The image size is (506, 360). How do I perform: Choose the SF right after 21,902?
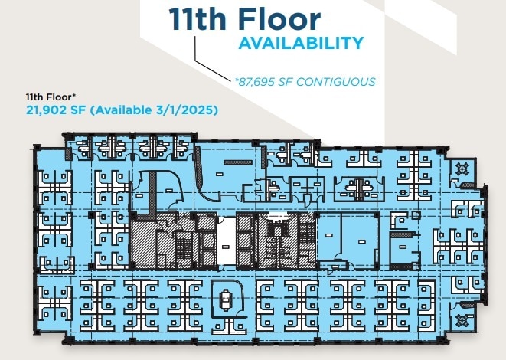pyautogui.click(x=80, y=110)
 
